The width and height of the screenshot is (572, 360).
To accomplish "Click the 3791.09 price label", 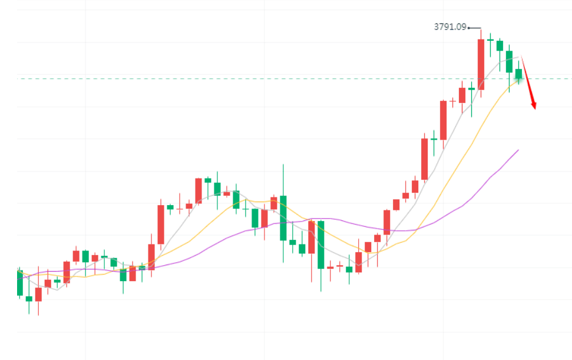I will [x=450, y=27].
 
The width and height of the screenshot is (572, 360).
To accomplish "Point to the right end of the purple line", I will [x=518, y=150].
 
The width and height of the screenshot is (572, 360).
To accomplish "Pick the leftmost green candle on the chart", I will [x=19, y=283].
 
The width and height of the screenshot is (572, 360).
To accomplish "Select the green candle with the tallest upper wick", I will [x=283, y=217].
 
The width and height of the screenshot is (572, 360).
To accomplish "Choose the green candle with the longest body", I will [x=320, y=245].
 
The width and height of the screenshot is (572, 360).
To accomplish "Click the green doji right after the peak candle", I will [x=490, y=40].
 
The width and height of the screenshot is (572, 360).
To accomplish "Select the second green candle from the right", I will [x=509, y=61].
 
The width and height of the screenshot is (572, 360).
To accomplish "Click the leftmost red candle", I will [x=38, y=294].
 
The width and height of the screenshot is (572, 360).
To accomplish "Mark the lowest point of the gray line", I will [x=57, y=289].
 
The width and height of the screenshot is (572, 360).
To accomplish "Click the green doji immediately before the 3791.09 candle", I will [x=471, y=89].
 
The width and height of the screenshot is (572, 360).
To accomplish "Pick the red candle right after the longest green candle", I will [x=330, y=267].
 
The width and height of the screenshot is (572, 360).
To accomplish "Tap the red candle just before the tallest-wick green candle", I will [x=273, y=203].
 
